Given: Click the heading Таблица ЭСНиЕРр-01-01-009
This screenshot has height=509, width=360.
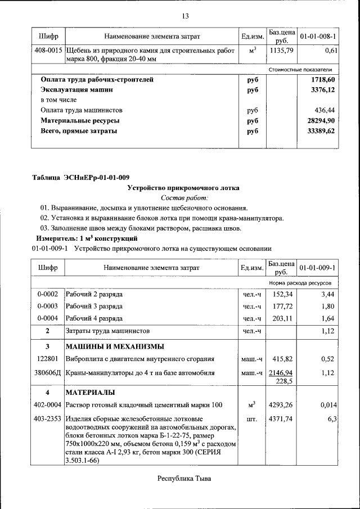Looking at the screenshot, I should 80,178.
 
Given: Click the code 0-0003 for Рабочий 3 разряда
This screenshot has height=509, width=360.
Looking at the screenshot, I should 48,307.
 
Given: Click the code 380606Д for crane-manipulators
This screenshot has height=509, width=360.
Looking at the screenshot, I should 48,372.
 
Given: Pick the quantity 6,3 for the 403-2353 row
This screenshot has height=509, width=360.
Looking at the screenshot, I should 332,419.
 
